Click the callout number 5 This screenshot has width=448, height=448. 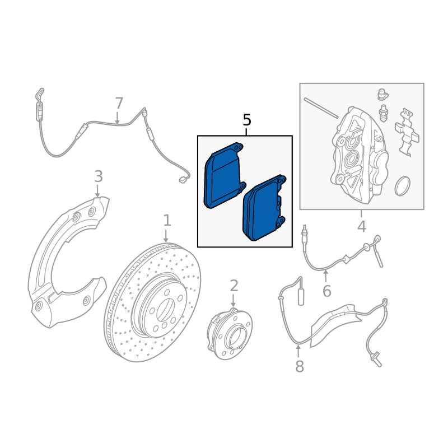(247, 120)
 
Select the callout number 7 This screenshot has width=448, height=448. (119, 103)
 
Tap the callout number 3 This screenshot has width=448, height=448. (99, 176)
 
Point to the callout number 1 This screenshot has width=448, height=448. (167, 221)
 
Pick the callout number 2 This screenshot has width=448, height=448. (234, 286)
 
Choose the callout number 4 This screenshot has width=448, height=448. (362, 227)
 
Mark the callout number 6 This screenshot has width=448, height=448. (327, 291)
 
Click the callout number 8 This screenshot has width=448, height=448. (300, 366)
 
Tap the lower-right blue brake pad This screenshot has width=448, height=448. (264, 208)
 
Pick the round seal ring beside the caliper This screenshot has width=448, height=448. (403, 186)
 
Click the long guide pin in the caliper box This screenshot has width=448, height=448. (321, 108)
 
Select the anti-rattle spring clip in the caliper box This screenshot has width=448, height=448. (407, 132)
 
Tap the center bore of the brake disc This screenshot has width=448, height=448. (165, 310)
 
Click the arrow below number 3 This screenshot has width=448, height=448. (97, 191)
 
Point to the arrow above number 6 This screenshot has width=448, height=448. (325, 276)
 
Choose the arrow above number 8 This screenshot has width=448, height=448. (298, 351)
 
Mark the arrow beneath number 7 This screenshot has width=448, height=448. (117, 118)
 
